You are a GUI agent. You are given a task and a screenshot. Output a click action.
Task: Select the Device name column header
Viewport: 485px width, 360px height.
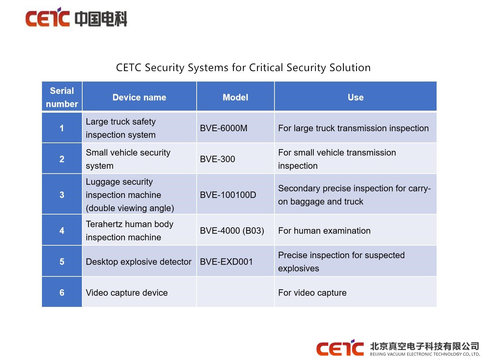click(139, 97)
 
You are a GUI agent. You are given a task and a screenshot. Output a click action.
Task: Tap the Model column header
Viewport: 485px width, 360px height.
click(235, 97)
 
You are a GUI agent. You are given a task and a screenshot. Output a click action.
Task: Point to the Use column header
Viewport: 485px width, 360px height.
click(356, 97)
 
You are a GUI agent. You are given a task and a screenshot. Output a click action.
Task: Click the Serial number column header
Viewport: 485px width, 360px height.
click(62, 97)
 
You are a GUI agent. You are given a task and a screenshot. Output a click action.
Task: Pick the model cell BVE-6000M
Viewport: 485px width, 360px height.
click(235, 128)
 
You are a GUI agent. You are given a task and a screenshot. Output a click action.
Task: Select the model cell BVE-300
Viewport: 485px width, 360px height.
click(235, 159)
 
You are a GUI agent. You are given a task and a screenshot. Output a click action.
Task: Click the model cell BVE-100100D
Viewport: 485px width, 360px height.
click(235, 195)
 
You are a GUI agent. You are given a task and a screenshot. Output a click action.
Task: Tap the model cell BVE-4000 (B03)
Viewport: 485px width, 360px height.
click(235, 231)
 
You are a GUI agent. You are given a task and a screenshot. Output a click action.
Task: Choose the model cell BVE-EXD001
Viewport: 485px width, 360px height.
click(235, 262)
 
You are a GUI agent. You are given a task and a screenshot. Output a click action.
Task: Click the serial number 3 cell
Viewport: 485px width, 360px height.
click(62, 195)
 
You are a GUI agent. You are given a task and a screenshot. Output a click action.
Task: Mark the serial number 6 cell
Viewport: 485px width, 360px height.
click(62, 292)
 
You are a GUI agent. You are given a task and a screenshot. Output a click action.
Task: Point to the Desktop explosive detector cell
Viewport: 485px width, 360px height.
click(139, 262)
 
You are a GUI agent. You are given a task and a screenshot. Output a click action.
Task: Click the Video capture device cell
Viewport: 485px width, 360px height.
click(139, 292)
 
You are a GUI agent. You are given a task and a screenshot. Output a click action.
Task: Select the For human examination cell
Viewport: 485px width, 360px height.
click(356, 231)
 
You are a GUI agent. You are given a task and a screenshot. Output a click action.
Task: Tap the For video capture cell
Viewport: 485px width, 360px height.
click(356, 292)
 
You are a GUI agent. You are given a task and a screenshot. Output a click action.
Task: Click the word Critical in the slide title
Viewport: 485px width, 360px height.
click(266, 67)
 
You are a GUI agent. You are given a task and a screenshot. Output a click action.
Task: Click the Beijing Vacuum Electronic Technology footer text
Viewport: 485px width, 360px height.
click(425, 354)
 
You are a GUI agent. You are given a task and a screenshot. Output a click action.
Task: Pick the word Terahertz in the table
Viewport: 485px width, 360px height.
click(104, 224)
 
